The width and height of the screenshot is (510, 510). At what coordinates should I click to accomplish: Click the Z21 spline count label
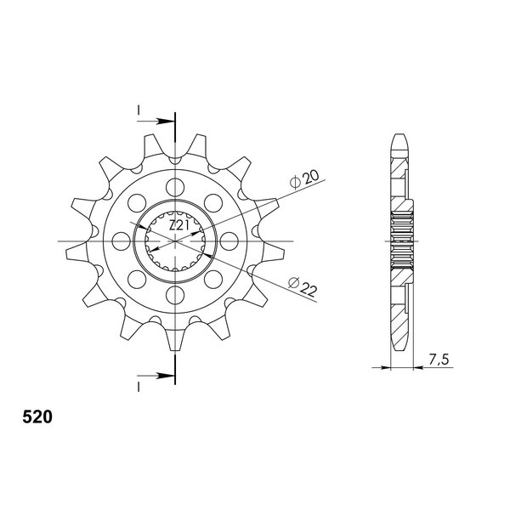pos(178,225)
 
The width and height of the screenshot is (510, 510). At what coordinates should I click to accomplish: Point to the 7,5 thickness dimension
pos(439,360)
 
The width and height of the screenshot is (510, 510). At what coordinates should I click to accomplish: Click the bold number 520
pos(37,417)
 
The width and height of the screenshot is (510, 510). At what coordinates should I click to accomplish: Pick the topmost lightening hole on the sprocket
pos(175,187)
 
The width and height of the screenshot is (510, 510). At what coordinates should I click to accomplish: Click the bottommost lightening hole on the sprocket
pos(175,295)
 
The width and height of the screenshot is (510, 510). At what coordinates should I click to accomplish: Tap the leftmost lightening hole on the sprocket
pos(121,241)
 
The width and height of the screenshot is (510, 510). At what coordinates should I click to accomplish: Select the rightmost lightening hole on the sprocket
pos(229,241)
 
